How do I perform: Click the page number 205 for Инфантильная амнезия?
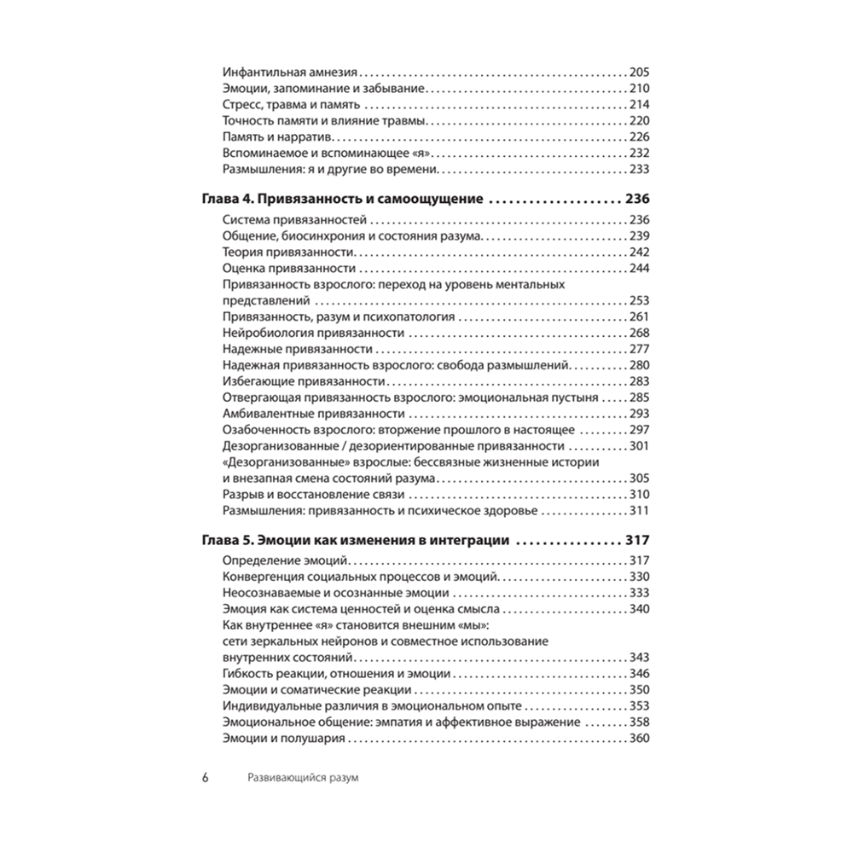click(x=639, y=73)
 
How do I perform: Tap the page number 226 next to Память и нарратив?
click(x=639, y=138)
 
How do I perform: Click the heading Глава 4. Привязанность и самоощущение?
click(x=342, y=200)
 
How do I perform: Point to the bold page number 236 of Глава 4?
click(x=637, y=200)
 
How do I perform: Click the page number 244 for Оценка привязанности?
click(x=639, y=269)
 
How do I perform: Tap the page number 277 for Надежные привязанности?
click(x=639, y=349)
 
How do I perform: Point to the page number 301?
click(x=639, y=445)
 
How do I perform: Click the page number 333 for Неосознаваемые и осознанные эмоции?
click(x=639, y=593)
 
